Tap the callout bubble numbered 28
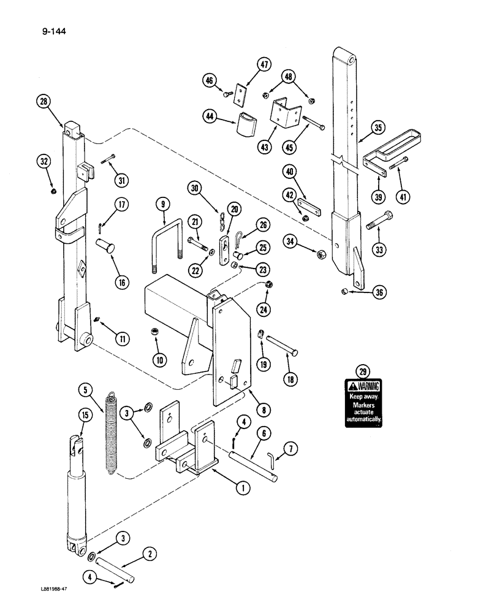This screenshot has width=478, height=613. tap(44, 102)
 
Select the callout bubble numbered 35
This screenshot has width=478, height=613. tap(379, 128)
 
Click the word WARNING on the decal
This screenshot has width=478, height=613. tap(368, 386)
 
